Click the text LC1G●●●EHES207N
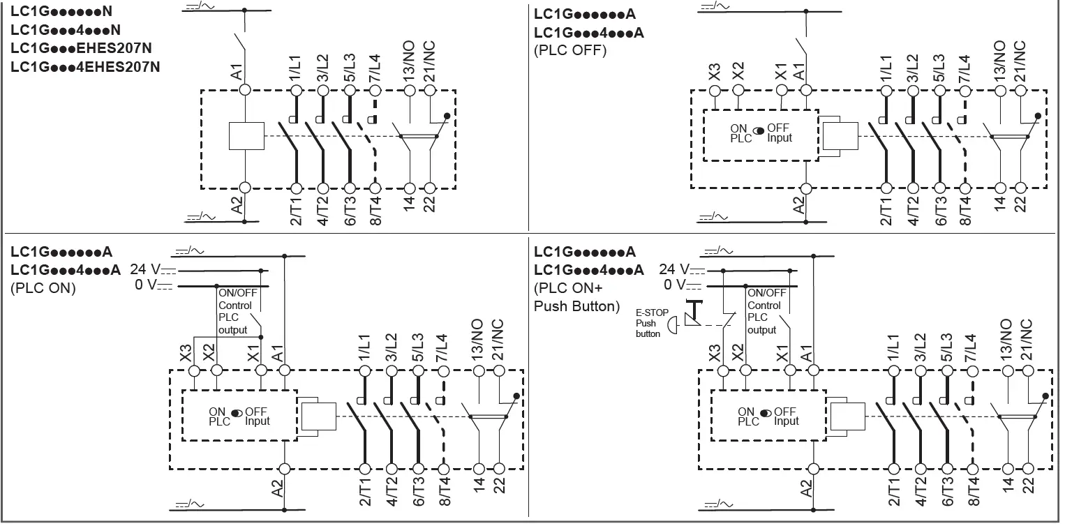coord(82,48)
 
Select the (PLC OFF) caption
coord(570,50)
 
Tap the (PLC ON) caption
coord(43,288)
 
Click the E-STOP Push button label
coord(647,323)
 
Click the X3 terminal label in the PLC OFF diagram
coord(714,72)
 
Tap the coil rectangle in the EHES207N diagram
coord(246,136)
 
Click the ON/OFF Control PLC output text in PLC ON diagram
coord(237,312)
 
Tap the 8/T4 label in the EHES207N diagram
coord(375,210)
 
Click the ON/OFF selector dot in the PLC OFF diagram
coord(759,129)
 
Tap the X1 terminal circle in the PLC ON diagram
coord(260,370)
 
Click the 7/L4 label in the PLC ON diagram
coord(442,347)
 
